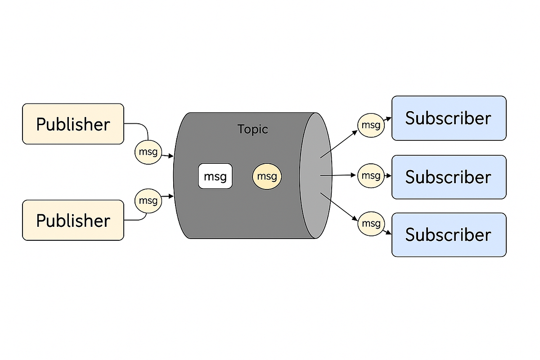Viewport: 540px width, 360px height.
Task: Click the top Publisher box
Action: click(x=73, y=124)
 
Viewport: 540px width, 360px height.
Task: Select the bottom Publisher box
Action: click(x=73, y=220)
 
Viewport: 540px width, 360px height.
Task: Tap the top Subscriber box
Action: click(x=449, y=118)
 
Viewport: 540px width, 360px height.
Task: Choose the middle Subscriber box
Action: click(x=449, y=177)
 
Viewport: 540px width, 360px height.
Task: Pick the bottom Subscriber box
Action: click(x=449, y=235)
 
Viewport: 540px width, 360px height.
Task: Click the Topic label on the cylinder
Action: click(x=252, y=129)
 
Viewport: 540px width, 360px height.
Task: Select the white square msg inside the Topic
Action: click(x=215, y=176)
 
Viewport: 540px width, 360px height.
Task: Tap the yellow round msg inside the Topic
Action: click(x=267, y=176)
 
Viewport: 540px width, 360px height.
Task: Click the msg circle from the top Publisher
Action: click(x=148, y=152)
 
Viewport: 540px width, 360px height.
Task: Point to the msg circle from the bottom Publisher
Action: click(x=148, y=200)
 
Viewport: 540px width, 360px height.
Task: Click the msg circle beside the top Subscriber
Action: click(x=371, y=125)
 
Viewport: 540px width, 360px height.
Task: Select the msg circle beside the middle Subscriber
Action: click(x=371, y=175)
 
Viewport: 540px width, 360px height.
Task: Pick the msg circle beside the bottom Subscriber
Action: click(x=371, y=223)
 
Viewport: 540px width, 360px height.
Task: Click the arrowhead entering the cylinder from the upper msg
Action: click(x=171, y=156)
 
